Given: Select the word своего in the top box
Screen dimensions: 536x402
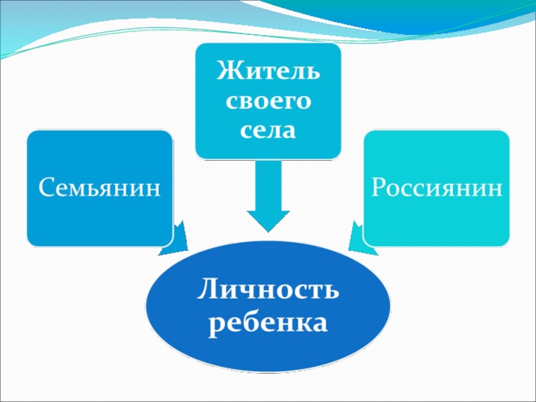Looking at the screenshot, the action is tap(268, 101).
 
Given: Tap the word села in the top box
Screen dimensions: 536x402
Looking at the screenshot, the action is tap(268, 130).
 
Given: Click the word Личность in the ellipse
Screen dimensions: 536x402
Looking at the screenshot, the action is tap(268, 292).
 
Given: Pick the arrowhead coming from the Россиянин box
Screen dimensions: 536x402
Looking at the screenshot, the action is tap(361, 242).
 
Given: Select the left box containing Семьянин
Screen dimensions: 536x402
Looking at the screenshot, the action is tap(99, 154).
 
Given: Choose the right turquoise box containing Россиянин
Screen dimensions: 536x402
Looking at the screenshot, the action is tap(437, 154).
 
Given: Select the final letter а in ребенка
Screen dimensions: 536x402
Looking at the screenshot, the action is tap(320, 324).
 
